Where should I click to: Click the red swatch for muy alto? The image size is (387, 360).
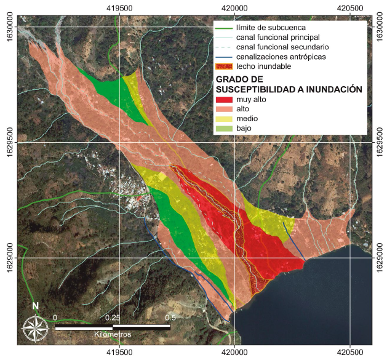(225, 99)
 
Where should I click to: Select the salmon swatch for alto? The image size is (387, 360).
(225, 109)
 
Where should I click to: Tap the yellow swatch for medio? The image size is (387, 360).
(225, 119)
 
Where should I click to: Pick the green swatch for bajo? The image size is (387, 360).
(225, 129)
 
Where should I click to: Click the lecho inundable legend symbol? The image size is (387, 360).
(225, 66)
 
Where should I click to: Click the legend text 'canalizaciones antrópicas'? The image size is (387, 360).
(280, 57)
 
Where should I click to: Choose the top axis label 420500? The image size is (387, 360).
(349, 7)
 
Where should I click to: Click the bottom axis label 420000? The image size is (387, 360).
(234, 353)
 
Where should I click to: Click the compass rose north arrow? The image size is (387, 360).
(36, 324)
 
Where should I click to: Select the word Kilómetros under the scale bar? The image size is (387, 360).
(112, 334)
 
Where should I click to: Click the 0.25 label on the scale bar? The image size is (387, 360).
(112, 318)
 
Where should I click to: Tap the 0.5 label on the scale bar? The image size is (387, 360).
(170, 318)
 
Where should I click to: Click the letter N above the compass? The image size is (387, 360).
(36, 306)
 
